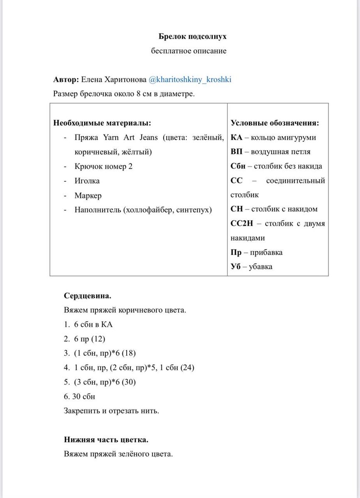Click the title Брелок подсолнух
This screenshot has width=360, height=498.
coord(193,37)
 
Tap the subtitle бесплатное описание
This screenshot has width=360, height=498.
coord(189,51)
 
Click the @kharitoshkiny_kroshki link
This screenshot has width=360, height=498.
coord(190,79)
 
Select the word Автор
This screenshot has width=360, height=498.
coord(66,79)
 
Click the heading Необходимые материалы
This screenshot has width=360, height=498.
coord(102,123)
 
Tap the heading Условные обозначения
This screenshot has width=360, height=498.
coord(275,123)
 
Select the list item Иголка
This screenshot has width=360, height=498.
coord(87,181)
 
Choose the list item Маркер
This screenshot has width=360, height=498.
coord(88,195)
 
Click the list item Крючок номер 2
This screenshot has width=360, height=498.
coord(103,166)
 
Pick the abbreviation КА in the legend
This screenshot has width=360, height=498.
coord(236,137)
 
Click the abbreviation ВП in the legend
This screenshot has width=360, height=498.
coord(236,151)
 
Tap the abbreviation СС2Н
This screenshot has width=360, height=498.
coord(241,223)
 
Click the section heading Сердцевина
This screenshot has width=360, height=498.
coord(88,295)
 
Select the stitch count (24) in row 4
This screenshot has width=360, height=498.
coord(188,367)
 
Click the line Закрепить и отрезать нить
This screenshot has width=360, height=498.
coord(112,410)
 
